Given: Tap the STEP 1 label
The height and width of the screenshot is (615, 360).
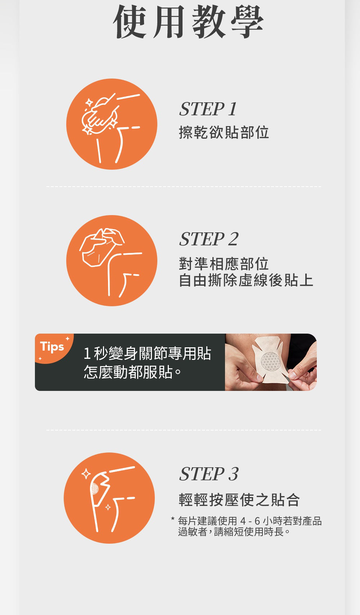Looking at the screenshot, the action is [x=208, y=109].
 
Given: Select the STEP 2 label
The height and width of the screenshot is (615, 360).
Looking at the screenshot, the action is [x=209, y=239].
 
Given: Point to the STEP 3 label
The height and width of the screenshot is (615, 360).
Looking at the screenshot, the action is [x=209, y=474].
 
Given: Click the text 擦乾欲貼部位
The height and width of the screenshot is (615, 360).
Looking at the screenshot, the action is [x=224, y=132].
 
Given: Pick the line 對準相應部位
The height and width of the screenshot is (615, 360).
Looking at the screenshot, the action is [x=224, y=264].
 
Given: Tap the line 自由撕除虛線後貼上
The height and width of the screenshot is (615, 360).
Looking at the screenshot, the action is [x=246, y=280].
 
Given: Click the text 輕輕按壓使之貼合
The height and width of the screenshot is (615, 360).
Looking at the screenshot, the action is [x=239, y=500].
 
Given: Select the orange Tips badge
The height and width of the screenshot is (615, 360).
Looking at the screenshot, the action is [x=52, y=347].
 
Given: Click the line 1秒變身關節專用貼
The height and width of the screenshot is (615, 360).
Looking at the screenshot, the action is [x=147, y=353].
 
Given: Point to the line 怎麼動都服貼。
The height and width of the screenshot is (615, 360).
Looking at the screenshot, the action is [x=132, y=372].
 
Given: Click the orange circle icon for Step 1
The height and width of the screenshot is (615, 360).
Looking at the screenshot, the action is [x=112, y=124].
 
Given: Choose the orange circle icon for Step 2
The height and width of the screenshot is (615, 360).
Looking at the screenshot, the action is [x=112, y=260].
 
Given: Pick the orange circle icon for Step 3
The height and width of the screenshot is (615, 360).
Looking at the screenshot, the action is [x=109, y=498].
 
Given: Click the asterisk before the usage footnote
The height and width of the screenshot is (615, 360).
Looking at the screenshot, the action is [x=172, y=519].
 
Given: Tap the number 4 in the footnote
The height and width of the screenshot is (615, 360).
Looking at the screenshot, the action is [x=243, y=521].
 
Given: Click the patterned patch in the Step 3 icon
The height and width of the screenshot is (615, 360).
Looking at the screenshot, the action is [x=95, y=489].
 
